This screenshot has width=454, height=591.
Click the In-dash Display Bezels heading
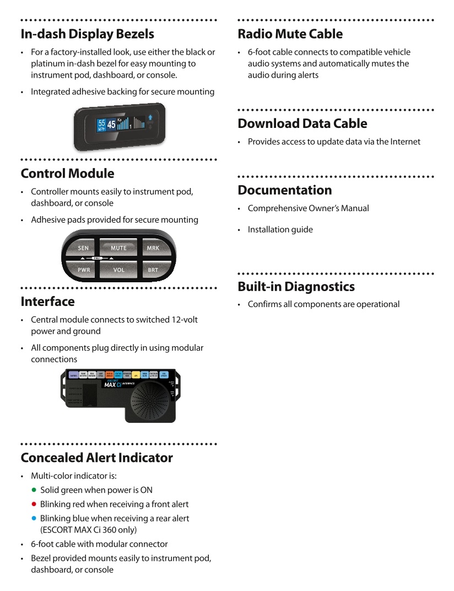click(x=87, y=34)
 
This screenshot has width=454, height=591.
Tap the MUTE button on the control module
click(x=118, y=248)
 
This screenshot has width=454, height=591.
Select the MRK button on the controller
click(x=153, y=248)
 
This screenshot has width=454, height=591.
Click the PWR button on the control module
click(x=84, y=270)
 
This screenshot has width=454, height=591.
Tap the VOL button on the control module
click(x=118, y=270)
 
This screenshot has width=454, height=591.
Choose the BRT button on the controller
click(x=153, y=270)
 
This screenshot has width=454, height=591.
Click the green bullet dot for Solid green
click(x=34, y=490)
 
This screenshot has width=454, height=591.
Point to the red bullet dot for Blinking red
click(x=34, y=504)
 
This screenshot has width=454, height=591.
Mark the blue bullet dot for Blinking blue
click(x=34, y=518)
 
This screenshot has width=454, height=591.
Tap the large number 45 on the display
click(x=111, y=125)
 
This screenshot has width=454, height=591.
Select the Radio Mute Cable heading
click(x=290, y=34)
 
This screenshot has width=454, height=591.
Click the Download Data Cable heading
click(x=302, y=123)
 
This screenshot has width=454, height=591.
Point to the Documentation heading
click(x=284, y=190)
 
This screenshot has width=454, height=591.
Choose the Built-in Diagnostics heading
click(x=296, y=287)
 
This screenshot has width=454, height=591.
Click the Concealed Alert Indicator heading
click(x=96, y=458)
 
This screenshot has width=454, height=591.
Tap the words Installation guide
click(x=280, y=229)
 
